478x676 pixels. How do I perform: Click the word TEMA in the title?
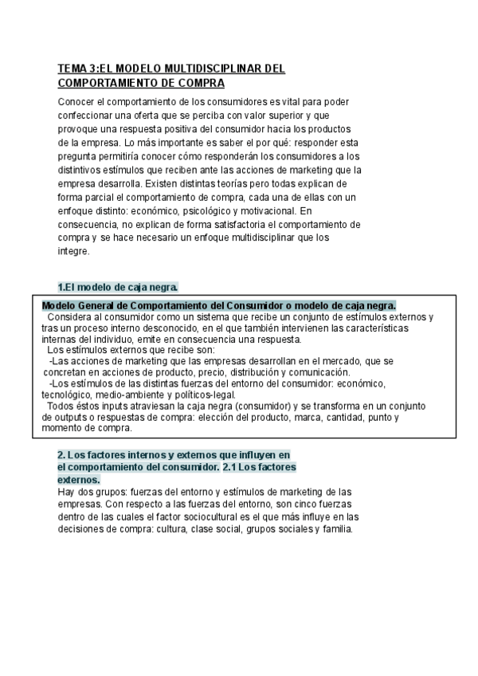(72, 69)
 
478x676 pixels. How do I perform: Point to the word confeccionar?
(87, 116)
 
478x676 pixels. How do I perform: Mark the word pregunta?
(78, 156)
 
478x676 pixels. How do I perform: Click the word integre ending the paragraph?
(74, 251)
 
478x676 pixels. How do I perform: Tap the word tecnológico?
(68, 395)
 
